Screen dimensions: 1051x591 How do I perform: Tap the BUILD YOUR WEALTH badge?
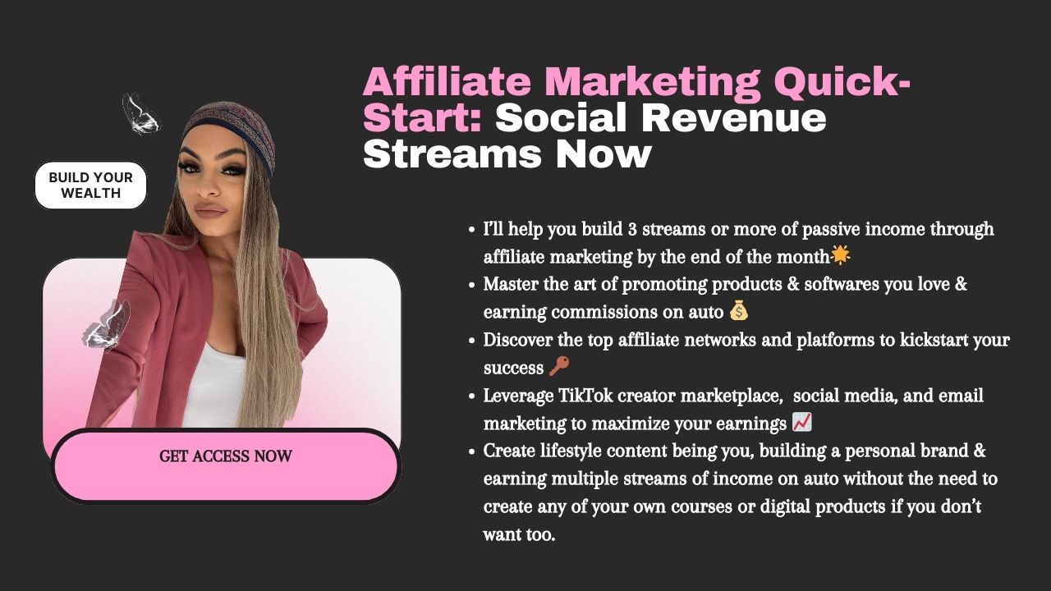click(90, 186)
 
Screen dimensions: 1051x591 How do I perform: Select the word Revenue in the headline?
click(733, 118)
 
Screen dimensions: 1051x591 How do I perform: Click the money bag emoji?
click(738, 310)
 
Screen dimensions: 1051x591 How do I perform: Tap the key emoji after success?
click(559, 366)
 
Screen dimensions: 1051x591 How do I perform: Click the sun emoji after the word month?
click(840, 255)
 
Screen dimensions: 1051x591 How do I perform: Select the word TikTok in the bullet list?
click(585, 396)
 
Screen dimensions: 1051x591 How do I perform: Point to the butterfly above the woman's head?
click(141, 114)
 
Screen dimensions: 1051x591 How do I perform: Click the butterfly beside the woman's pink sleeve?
click(107, 324)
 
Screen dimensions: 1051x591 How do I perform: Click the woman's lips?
click(209, 209)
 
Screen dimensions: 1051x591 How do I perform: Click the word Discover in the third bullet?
click(517, 340)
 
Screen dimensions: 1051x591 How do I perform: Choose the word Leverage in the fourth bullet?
click(518, 396)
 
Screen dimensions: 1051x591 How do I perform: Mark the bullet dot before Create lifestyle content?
click(472, 451)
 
